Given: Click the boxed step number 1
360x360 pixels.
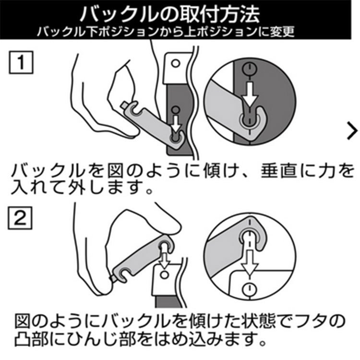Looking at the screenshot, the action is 21,62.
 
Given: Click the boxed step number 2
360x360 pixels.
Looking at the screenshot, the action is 20,218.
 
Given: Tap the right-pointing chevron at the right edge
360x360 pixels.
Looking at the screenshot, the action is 352,131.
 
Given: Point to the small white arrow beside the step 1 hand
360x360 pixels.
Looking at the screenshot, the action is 176,123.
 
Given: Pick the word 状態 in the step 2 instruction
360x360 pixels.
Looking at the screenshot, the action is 258,321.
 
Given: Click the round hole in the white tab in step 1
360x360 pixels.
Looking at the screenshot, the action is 176,63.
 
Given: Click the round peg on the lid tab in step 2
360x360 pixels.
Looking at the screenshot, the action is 164,275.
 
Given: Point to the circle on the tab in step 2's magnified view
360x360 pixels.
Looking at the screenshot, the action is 250,290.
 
